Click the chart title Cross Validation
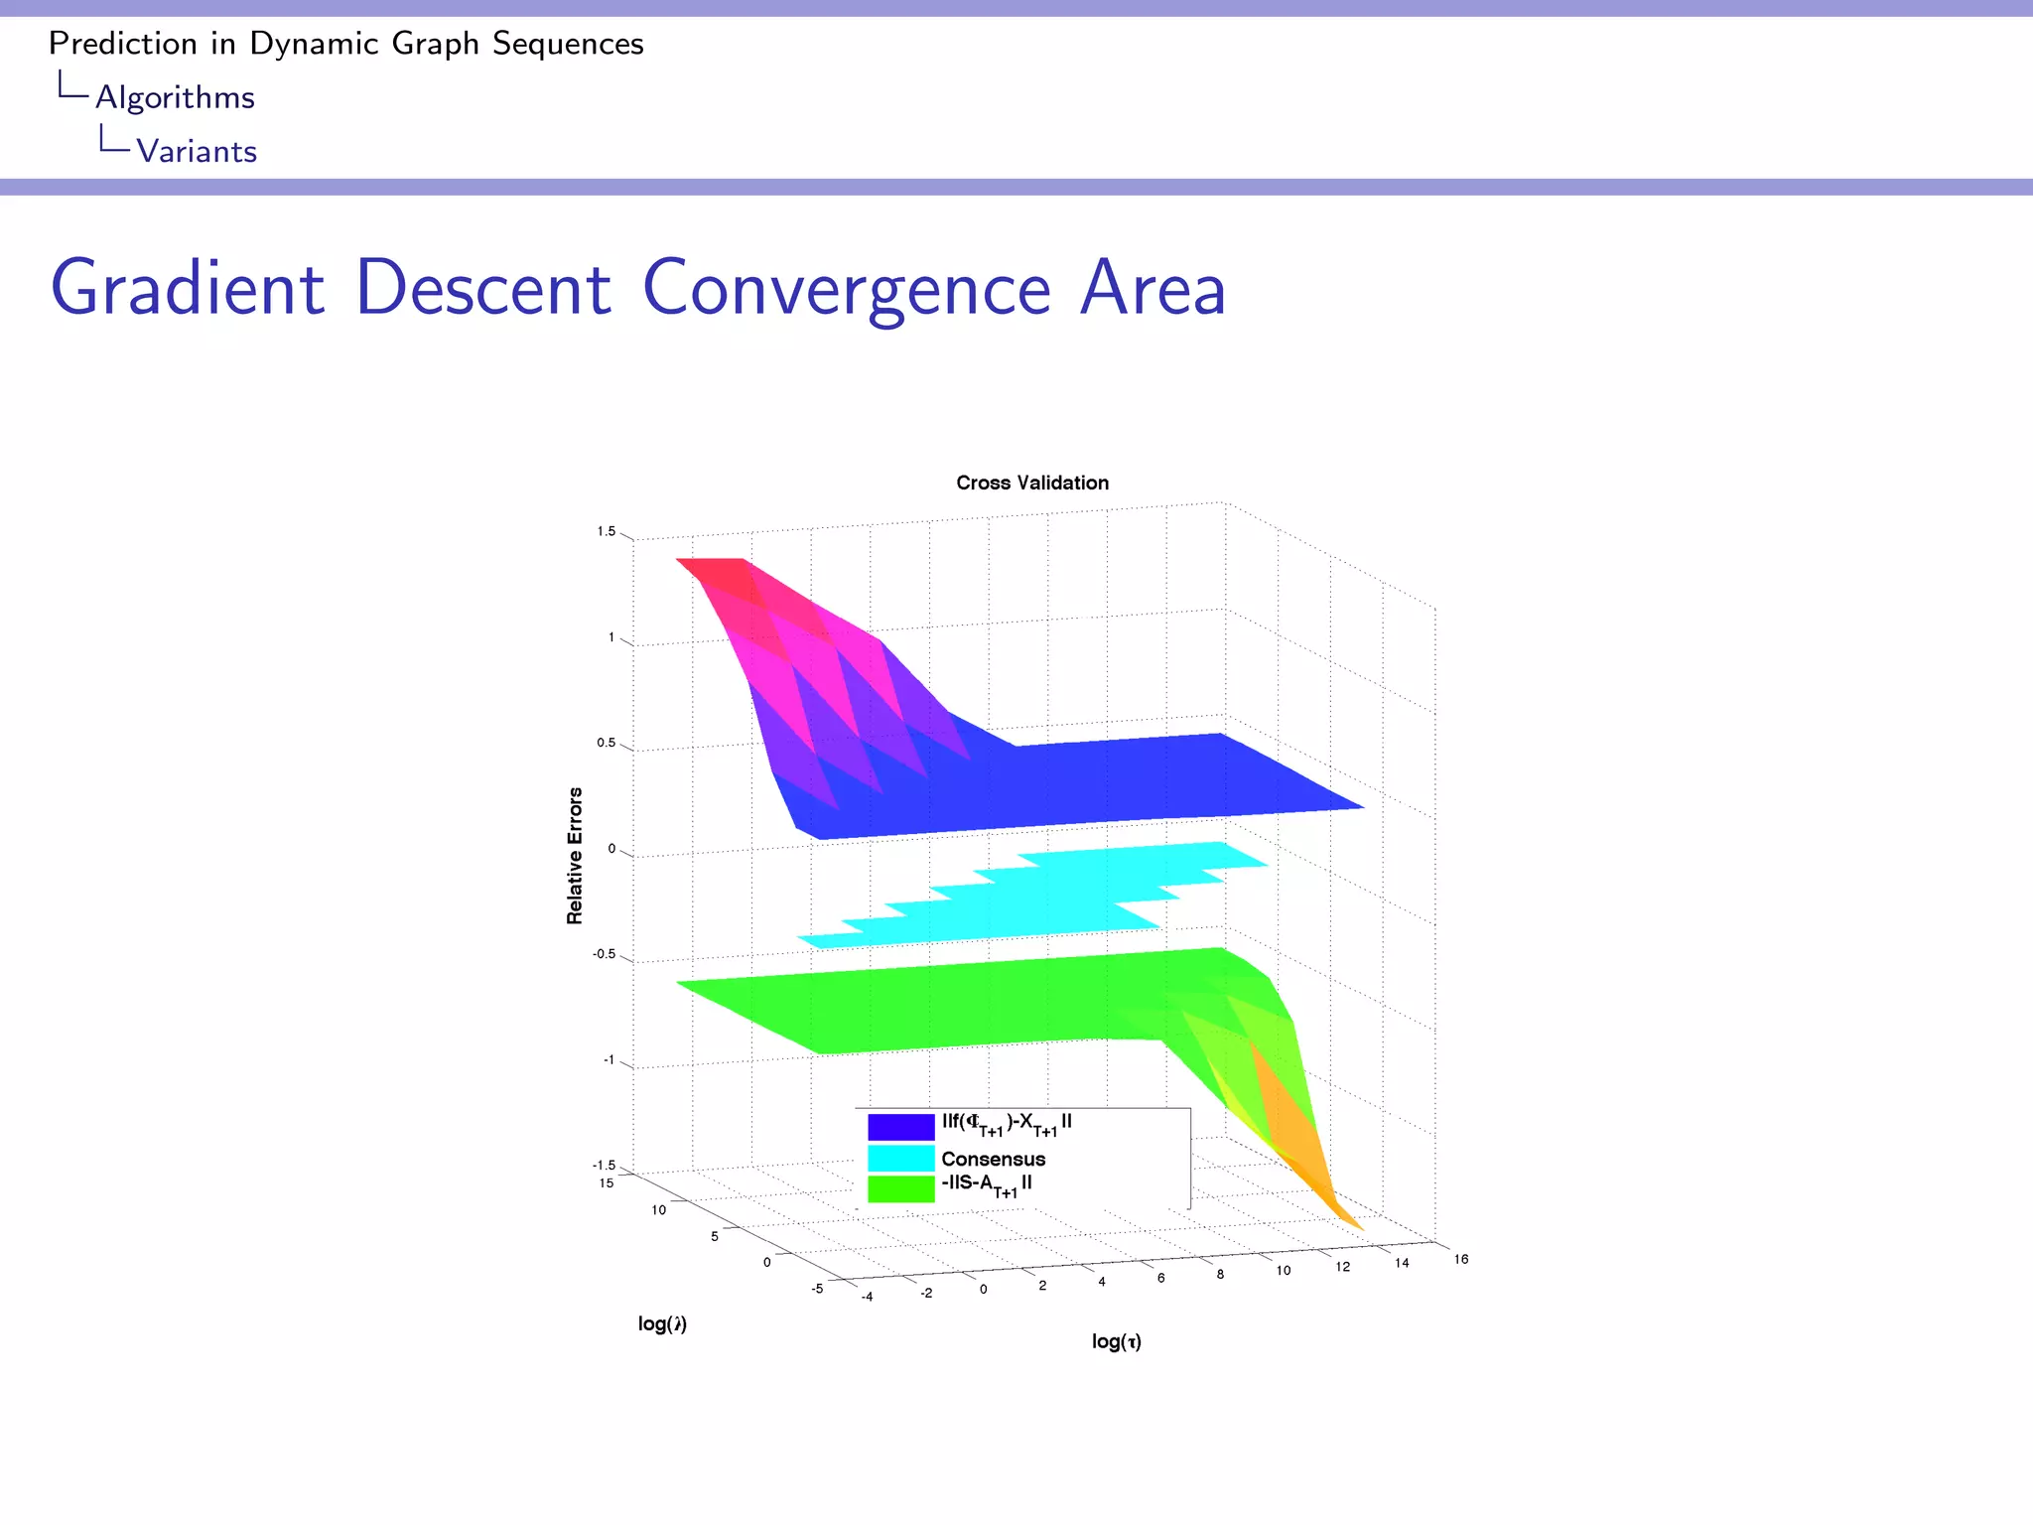[x=1032, y=483]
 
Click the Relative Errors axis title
[x=575, y=856]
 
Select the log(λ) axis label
[x=662, y=1323]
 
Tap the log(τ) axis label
[x=1117, y=1341]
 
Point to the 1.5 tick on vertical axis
[x=606, y=532]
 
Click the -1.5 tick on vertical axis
[x=604, y=1166]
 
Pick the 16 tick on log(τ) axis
[x=1461, y=1259]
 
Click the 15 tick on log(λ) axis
[x=606, y=1183]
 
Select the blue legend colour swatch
[x=900, y=1127]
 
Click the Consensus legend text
[x=993, y=1159]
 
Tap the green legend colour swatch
[x=900, y=1189]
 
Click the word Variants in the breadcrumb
[x=197, y=151]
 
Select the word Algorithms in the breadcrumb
[x=175, y=97]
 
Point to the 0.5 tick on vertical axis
[x=604, y=744]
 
